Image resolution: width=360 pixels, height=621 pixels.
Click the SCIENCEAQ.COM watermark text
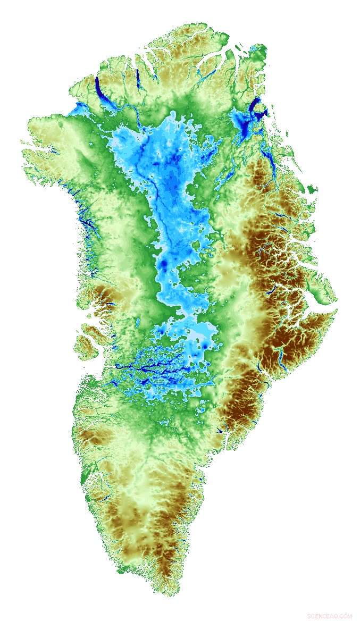[x=329, y=616]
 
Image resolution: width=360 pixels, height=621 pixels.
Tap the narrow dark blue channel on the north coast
[x=137, y=78]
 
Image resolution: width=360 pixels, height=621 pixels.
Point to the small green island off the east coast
[x=312, y=188]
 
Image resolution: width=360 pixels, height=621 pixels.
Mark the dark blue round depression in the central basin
[x=164, y=264]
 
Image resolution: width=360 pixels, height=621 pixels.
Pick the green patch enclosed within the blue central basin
[x=196, y=246]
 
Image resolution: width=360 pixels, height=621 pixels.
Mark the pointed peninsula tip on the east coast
[x=336, y=310]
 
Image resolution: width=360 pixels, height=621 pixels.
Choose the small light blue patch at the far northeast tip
[x=257, y=49]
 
